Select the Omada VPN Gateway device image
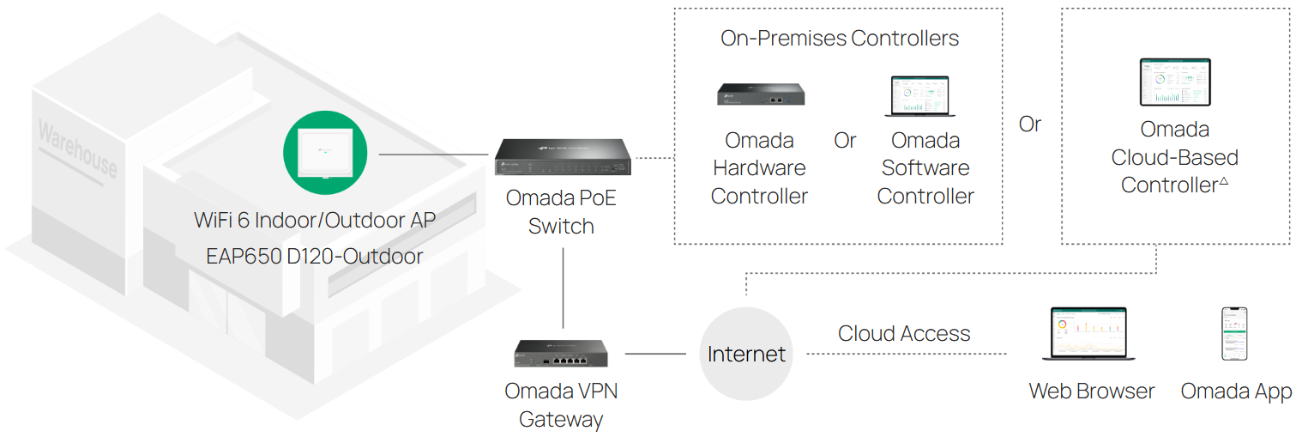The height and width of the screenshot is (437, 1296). point(561,353)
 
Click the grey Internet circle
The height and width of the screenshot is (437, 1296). point(746,354)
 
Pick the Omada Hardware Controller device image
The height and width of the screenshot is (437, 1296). point(761,94)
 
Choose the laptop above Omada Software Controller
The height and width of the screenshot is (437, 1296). point(920,96)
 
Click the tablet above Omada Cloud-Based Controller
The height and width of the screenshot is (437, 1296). point(1174,83)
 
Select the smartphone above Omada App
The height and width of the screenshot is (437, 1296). point(1234,334)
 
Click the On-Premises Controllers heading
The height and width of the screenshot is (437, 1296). point(839,39)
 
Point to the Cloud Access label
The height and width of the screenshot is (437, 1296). point(904,334)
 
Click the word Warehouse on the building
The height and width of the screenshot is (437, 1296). point(77,149)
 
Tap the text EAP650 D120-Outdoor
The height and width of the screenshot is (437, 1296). point(315,256)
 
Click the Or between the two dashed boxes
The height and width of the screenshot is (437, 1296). point(1030,124)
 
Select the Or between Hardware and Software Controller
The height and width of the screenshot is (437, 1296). point(845,141)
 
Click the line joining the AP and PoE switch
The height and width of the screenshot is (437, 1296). point(433,155)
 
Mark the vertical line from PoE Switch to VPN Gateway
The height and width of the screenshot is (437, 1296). point(563,288)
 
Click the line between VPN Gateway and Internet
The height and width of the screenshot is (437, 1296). point(655,354)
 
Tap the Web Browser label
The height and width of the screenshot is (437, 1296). point(1092,391)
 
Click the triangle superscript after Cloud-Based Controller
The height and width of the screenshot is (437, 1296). point(1223,180)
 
